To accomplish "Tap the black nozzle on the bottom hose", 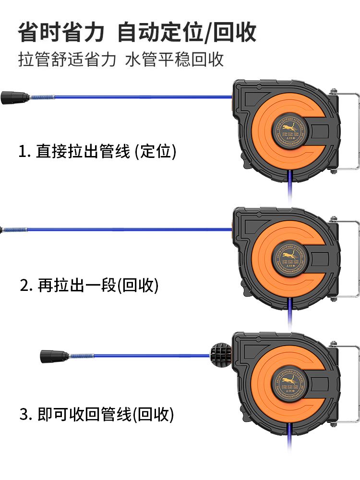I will (x=54, y=356).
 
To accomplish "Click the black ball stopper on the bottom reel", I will (x=220, y=356).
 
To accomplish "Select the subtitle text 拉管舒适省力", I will (x=67, y=60).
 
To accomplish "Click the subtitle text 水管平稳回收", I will (x=175, y=60).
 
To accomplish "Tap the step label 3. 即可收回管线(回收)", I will (x=96, y=414).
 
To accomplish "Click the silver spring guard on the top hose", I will (x=41, y=97).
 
